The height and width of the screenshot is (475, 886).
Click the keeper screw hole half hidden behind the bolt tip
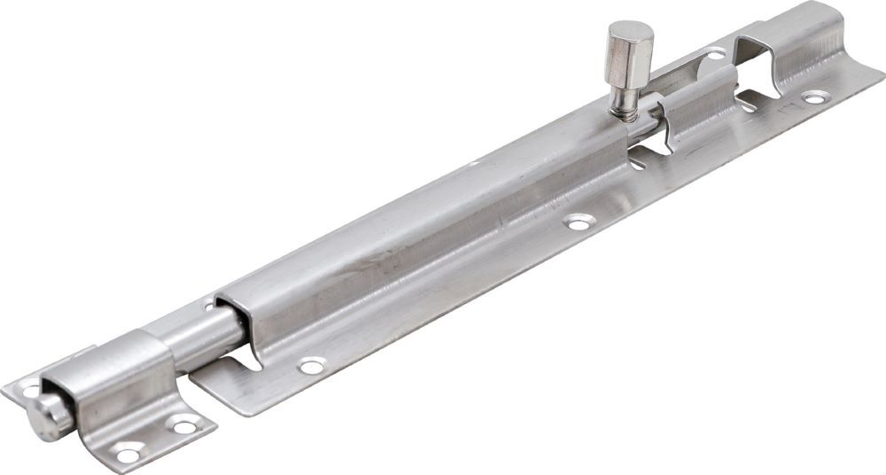[x=30, y=387]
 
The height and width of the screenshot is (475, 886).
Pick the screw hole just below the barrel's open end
[x=311, y=364]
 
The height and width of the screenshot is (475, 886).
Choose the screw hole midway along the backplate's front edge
[x=579, y=223]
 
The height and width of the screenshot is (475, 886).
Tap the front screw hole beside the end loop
[x=814, y=97]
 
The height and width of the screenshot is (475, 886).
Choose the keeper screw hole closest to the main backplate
[x=185, y=426]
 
